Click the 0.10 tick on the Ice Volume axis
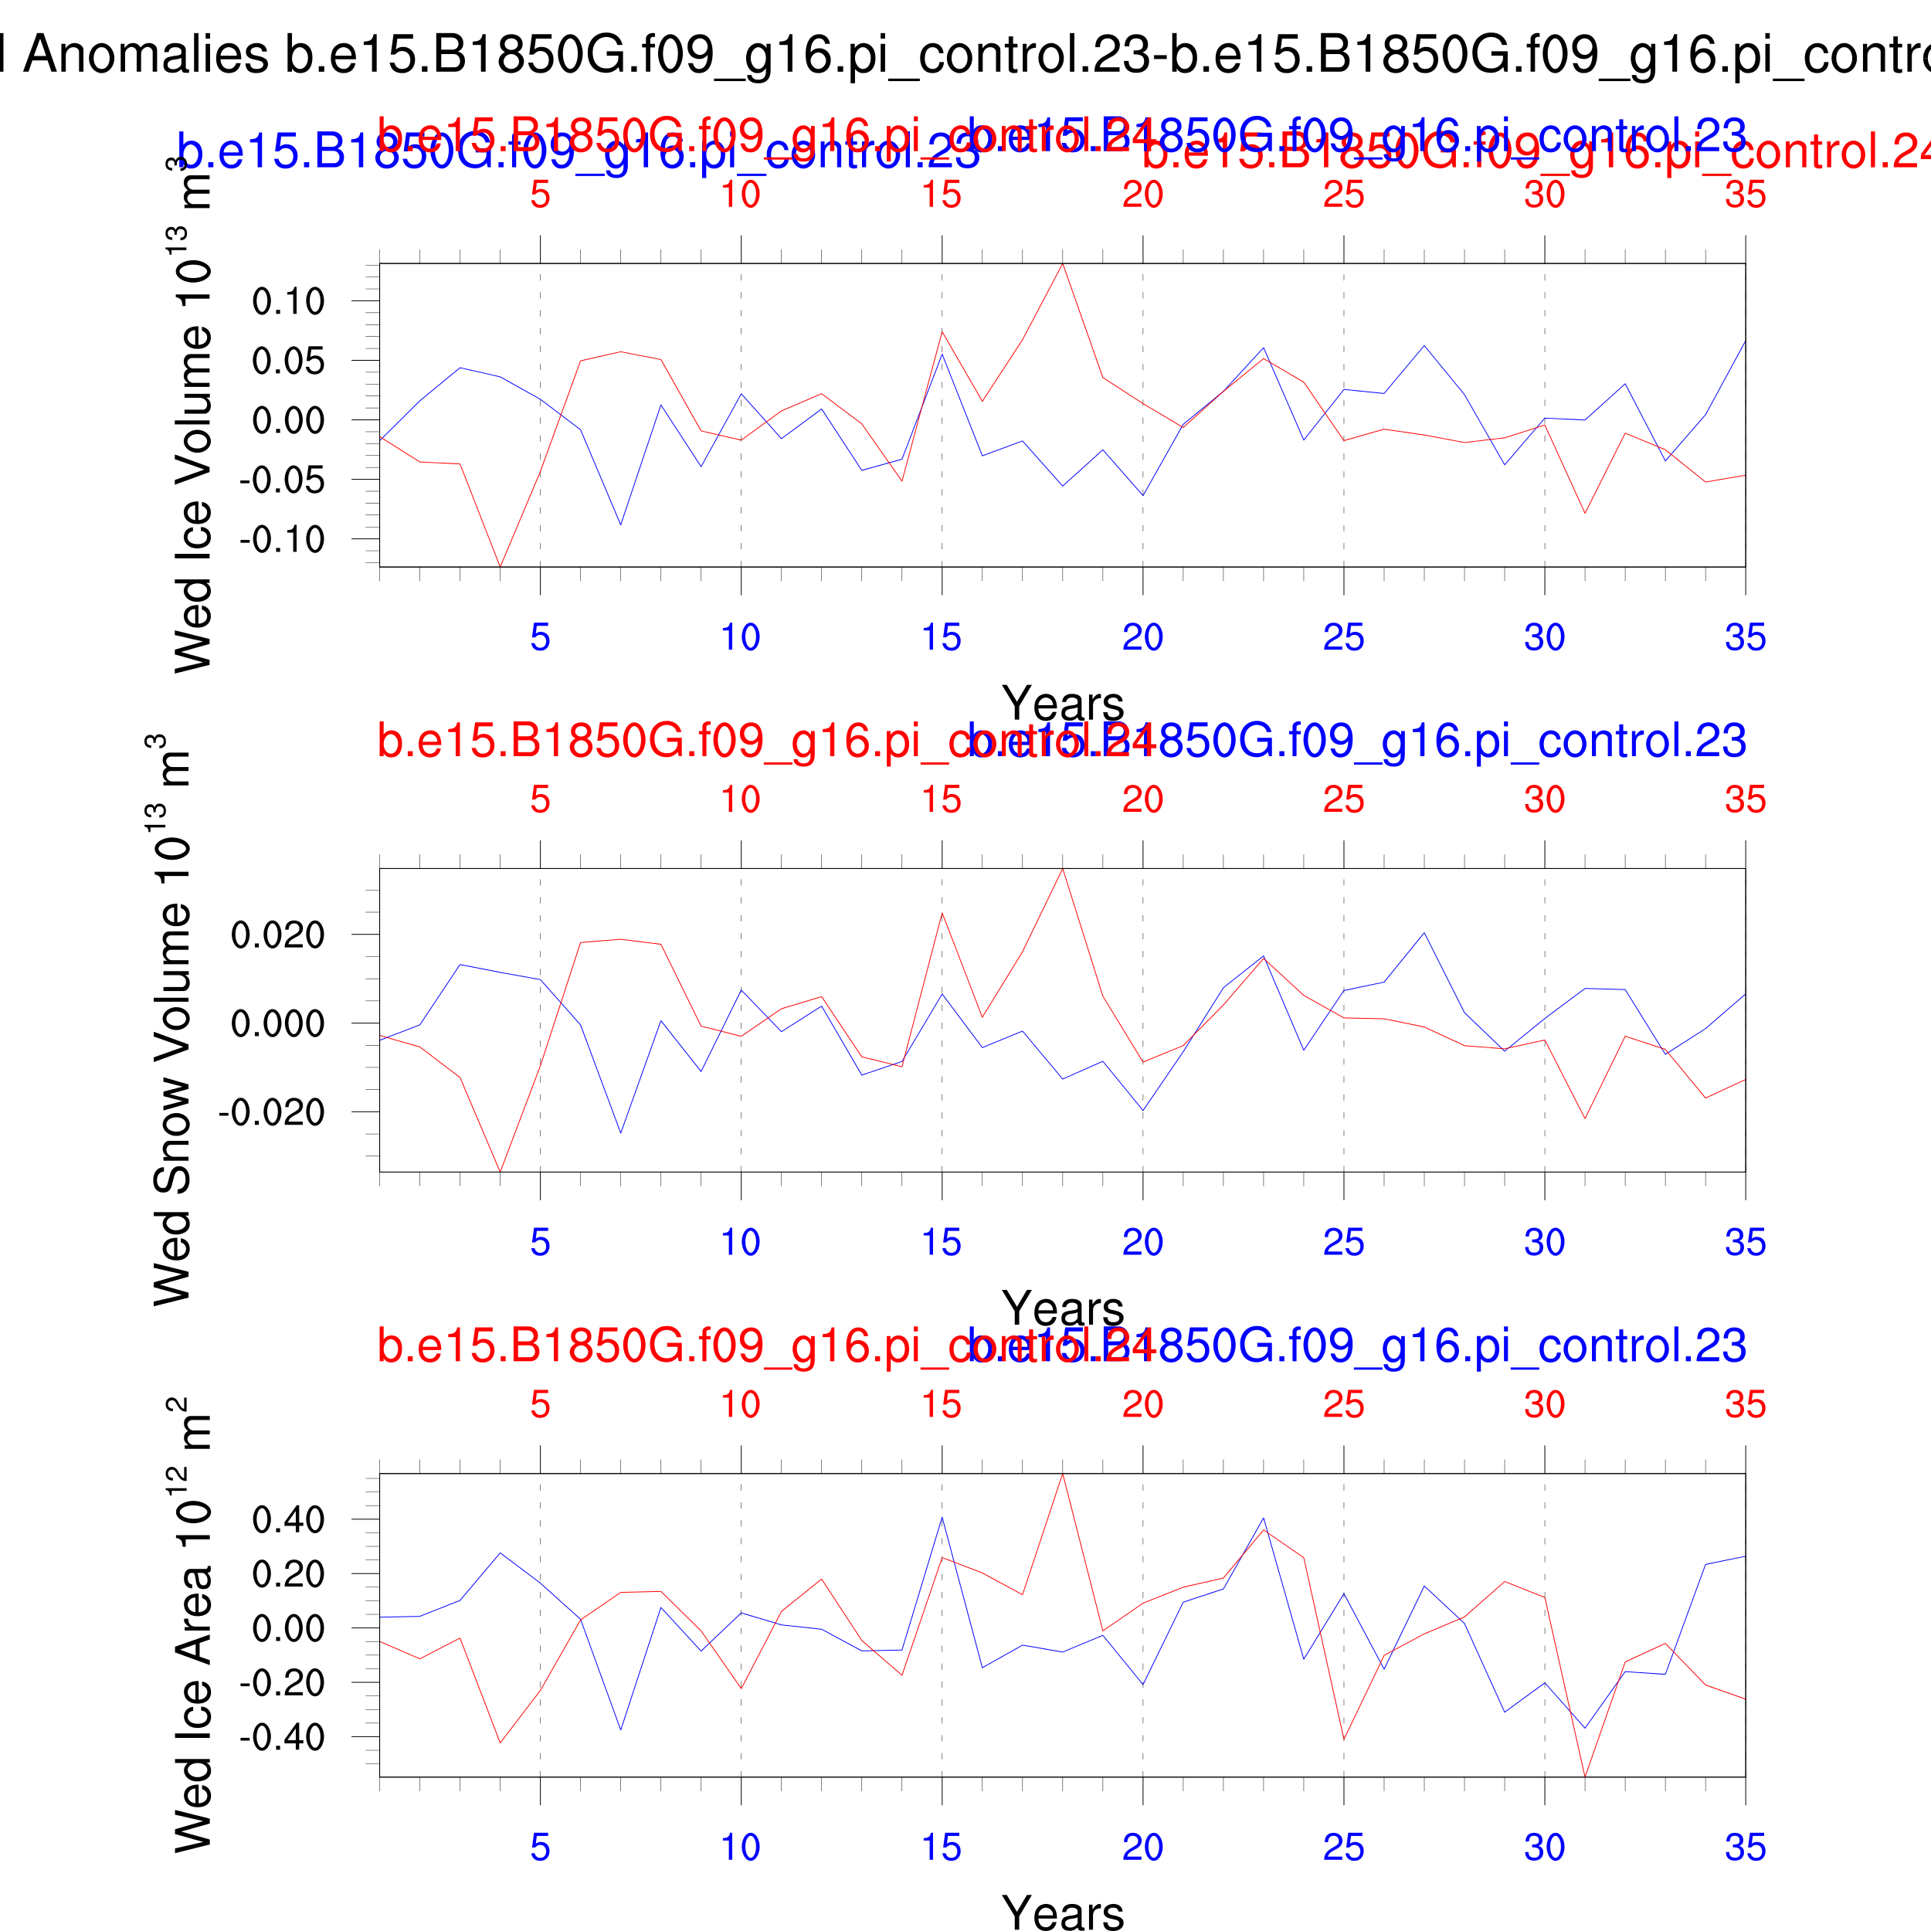click(x=288, y=300)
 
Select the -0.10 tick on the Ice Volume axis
click(x=282, y=540)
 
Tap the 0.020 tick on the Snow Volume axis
click(x=277, y=935)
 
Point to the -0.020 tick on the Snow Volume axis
click(x=272, y=1111)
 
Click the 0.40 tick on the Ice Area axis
click(x=288, y=1520)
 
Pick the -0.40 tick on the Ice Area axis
click(x=282, y=1738)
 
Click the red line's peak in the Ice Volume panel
click(x=1063, y=264)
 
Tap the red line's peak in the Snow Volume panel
click(x=1063, y=870)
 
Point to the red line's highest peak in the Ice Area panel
click(x=1063, y=1475)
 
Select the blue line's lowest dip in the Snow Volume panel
click(x=621, y=1132)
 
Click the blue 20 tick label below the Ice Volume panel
click(x=1142, y=638)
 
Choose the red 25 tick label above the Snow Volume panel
click(x=1343, y=799)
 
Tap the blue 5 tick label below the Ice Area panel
click(x=540, y=1847)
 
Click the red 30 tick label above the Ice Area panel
click(x=1544, y=1404)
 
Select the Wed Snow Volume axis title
click(x=172, y=1020)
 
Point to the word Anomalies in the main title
click(x=146, y=55)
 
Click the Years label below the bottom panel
click(x=1063, y=1909)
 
